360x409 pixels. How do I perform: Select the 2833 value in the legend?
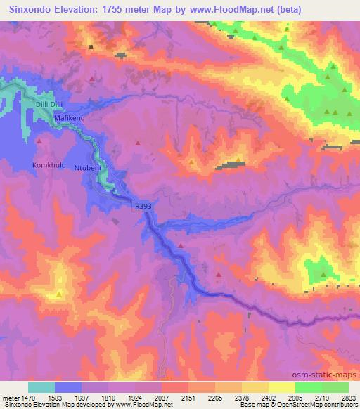349,398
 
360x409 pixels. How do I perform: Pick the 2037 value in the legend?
162,398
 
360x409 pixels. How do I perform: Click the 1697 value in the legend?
82,398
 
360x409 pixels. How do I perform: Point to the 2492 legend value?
269,398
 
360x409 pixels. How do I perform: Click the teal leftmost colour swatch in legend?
41,387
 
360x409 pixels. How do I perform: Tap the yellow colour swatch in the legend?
282,387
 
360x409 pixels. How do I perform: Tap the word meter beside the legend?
9,398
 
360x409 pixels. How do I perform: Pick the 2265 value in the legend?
215,398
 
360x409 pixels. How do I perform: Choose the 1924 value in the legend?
135,398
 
